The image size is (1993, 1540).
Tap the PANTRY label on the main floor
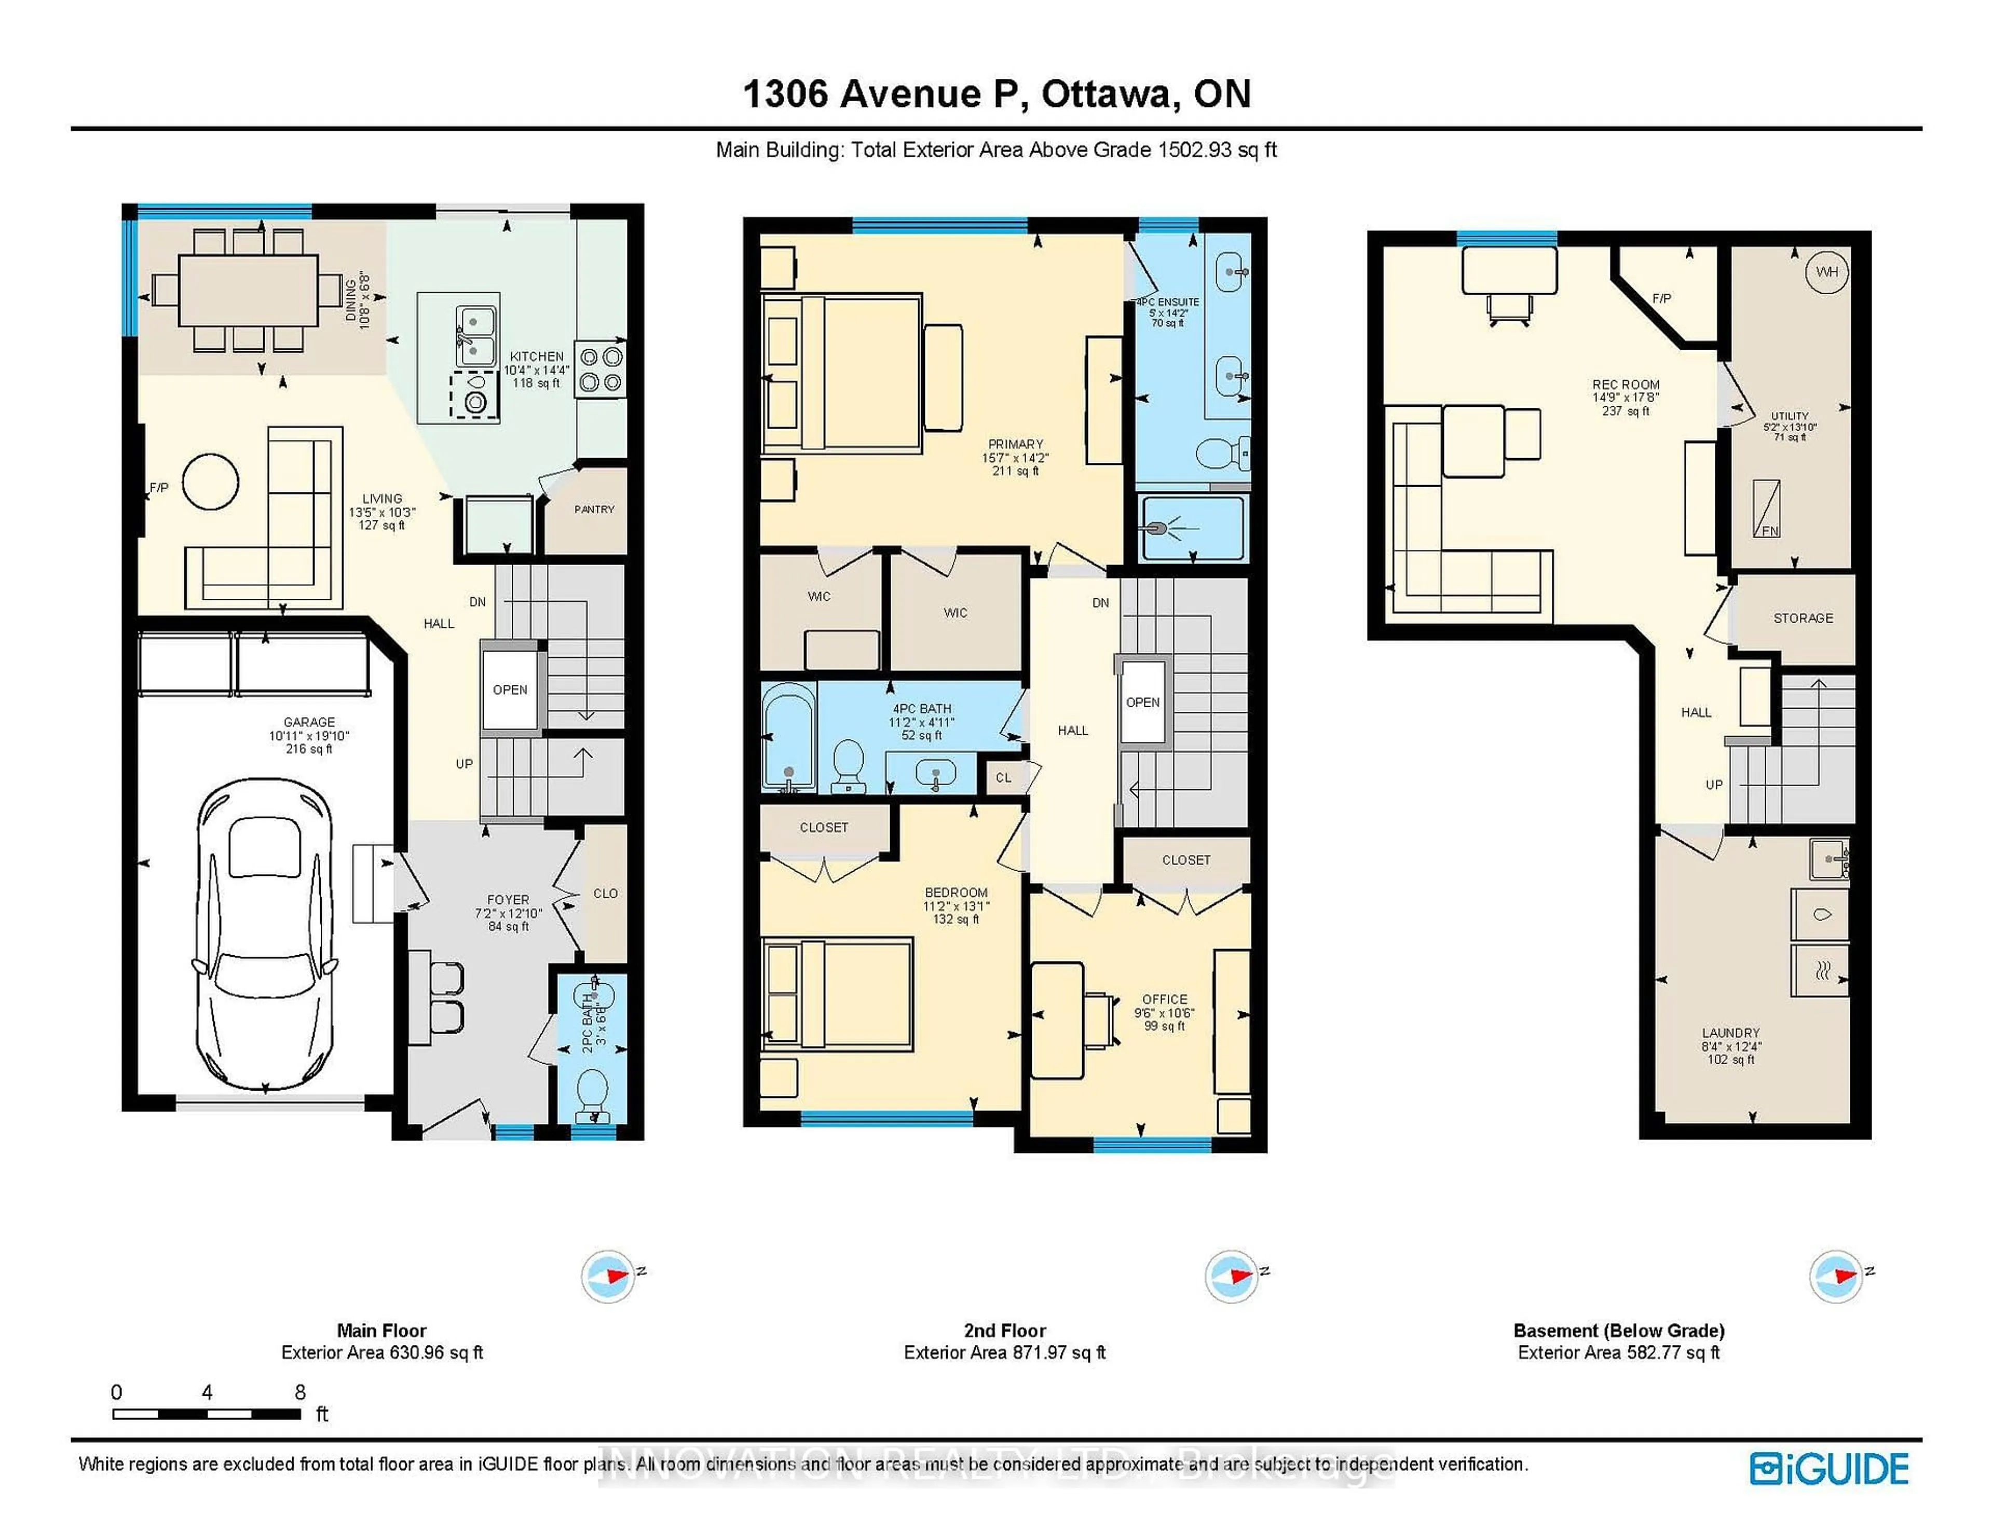click(594, 509)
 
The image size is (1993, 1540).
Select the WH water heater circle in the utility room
click(1827, 272)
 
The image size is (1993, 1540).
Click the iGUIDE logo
click(1829, 1469)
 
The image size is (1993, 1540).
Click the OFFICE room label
click(1165, 999)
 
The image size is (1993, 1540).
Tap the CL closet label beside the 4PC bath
click(1003, 777)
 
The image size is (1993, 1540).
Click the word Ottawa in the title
click(1104, 94)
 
